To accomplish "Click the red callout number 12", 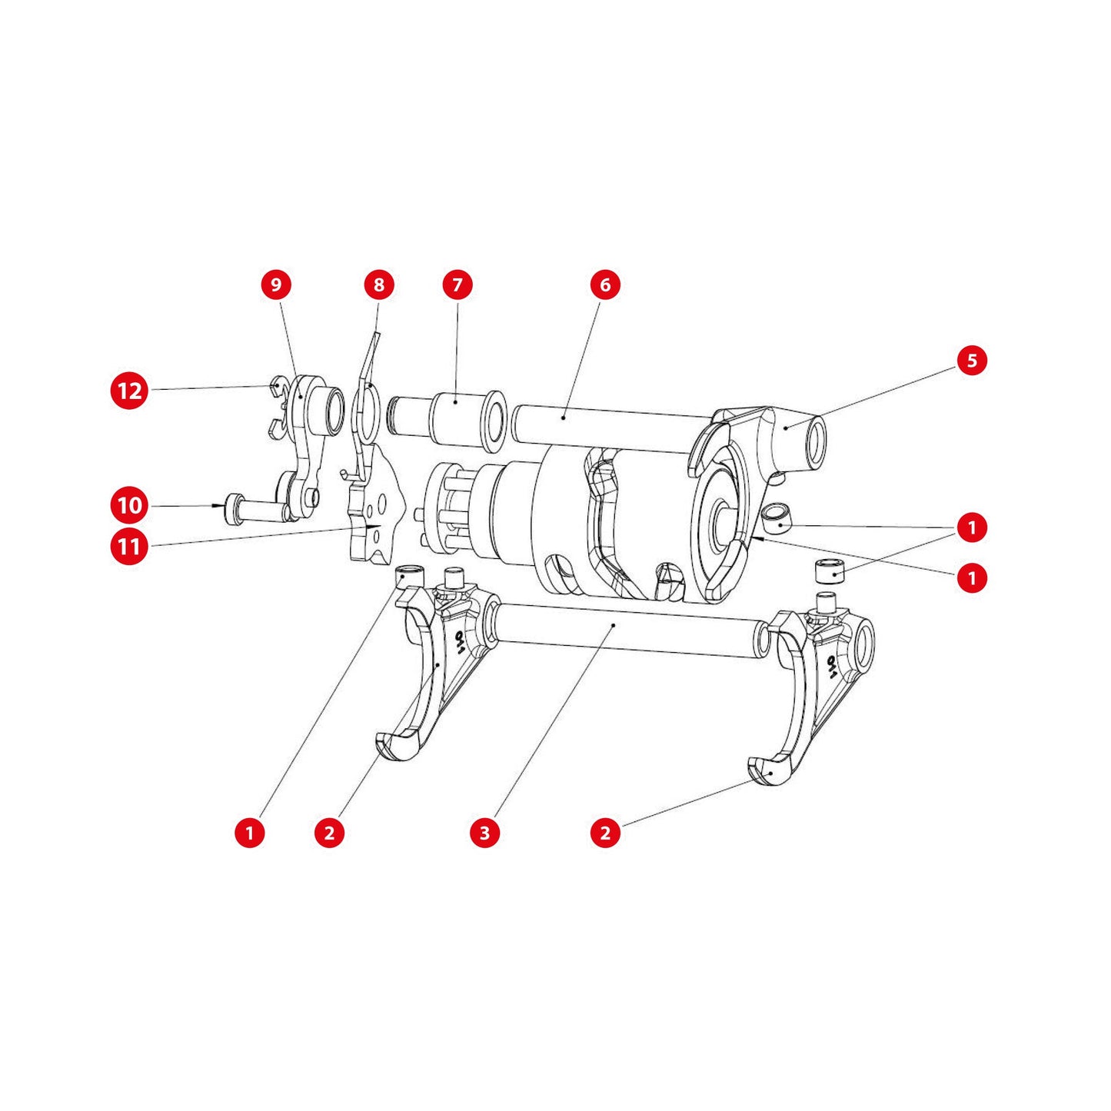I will [x=129, y=391].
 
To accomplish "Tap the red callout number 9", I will [x=276, y=284].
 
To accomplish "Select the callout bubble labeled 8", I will [x=378, y=284].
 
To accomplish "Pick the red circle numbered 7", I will [x=457, y=284].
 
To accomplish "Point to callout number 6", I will [x=605, y=284].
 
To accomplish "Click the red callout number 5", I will [x=972, y=360].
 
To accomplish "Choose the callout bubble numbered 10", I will [x=129, y=505].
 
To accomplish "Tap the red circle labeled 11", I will [x=129, y=547].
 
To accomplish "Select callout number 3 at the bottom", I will [x=484, y=832].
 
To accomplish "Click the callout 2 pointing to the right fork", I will [x=605, y=832].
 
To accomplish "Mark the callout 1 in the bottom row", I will [x=249, y=832].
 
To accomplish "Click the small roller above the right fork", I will [x=830, y=573].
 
